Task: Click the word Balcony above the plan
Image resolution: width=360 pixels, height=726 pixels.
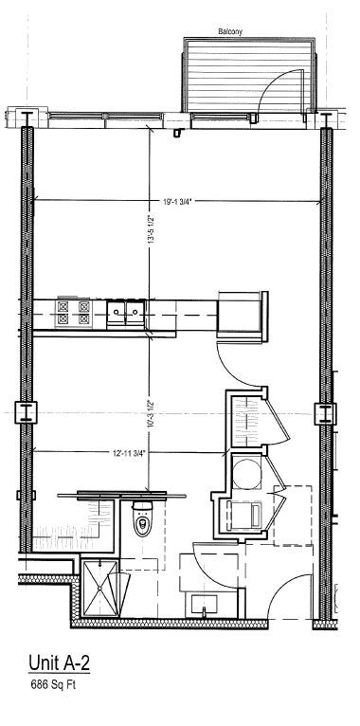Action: (x=230, y=31)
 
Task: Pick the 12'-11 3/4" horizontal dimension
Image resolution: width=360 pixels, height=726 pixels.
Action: (x=126, y=452)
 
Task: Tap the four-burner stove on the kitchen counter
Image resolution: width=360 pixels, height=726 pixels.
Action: (x=74, y=312)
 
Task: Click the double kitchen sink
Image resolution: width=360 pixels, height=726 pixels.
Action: (x=126, y=311)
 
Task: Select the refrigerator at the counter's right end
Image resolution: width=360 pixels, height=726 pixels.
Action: (x=242, y=313)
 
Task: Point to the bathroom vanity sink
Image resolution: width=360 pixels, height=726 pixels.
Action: (x=206, y=602)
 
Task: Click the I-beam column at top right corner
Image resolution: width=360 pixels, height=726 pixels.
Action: (x=327, y=118)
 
